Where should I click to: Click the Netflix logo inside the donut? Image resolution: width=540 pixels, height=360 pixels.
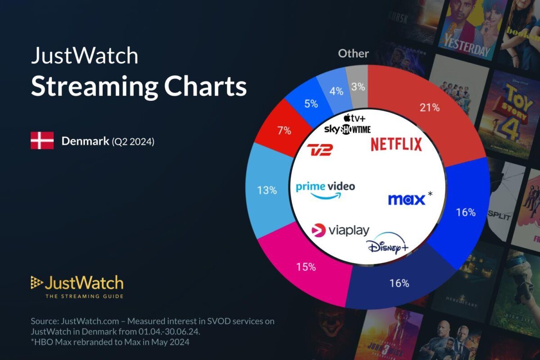coord(396,144)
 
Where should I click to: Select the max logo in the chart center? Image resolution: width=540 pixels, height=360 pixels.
coord(406,199)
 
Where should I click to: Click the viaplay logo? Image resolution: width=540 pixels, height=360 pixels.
coord(340,230)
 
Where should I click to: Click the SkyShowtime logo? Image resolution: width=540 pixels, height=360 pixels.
coord(347,130)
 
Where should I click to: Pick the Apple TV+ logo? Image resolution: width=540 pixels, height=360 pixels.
coord(354,119)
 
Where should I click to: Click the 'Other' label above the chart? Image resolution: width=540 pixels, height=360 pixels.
coord(353,54)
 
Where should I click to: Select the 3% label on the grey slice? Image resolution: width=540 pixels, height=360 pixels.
coord(358,87)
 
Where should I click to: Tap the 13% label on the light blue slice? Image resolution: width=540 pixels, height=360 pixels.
coord(267,190)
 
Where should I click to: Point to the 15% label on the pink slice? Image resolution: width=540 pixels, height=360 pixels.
coord(306,267)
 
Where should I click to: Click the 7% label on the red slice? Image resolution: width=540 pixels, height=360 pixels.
coord(284,131)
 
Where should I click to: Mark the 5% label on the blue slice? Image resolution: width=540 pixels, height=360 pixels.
coord(311,103)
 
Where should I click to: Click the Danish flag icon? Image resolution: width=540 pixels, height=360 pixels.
coord(42,141)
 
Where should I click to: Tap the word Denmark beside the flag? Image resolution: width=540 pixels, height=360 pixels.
coord(84,141)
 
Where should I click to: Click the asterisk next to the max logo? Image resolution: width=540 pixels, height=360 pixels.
coord(430,194)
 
